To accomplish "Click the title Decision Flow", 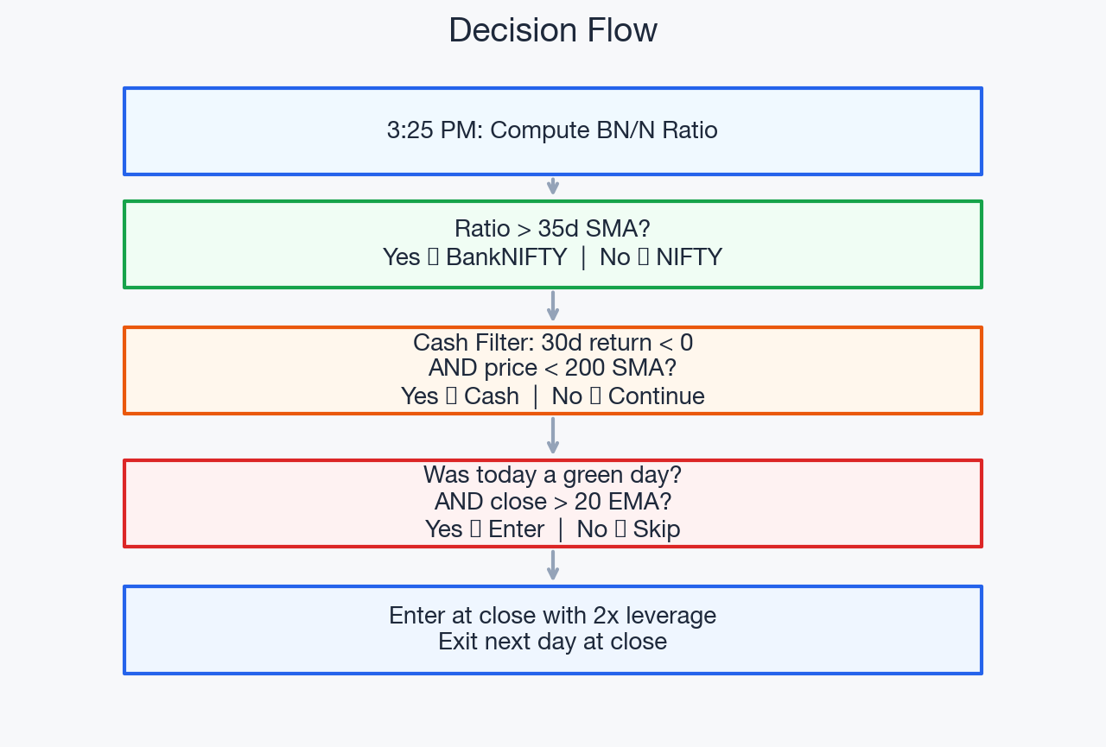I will tap(553, 31).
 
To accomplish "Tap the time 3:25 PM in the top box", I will tap(435, 130).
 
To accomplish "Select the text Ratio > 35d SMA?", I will tap(552, 229).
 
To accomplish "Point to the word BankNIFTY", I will tap(506, 257).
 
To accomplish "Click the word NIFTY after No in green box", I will tap(689, 257).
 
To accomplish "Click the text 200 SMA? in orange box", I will tap(620, 368).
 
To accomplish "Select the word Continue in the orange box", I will tap(656, 396).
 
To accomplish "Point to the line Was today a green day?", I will tap(552, 475).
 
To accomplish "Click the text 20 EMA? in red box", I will tap(623, 502).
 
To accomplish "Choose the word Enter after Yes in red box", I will tap(516, 529).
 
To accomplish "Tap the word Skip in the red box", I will tap(656, 529).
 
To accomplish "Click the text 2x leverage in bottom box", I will tap(654, 616).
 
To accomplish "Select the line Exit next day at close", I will tap(552, 642).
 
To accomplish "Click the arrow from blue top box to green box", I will tap(553, 187).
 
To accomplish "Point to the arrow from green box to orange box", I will tap(553, 307).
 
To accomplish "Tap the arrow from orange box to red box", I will tap(553, 436).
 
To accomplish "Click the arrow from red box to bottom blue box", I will tap(553, 566).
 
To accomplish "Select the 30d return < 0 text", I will tap(617, 343).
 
